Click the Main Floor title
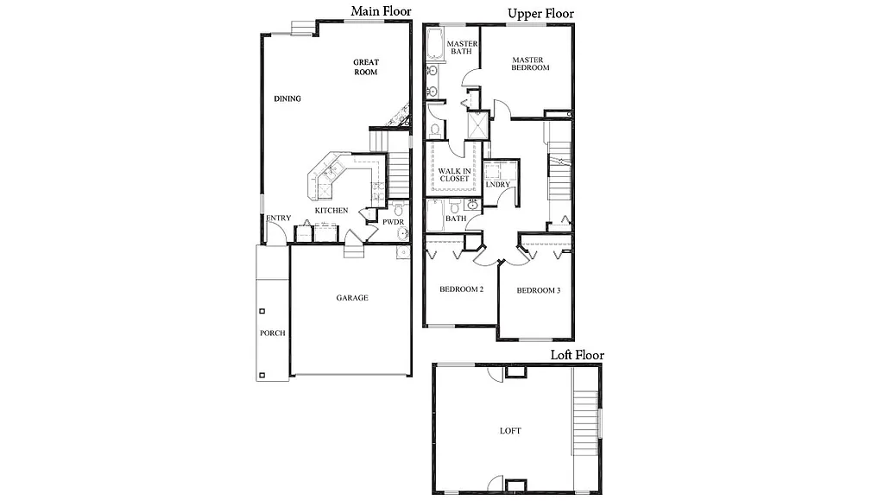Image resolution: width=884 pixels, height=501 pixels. click(x=381, y=11)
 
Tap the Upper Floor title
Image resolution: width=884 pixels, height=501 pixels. click(x=541, y=13)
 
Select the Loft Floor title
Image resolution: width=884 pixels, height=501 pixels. click(x=578, y=355)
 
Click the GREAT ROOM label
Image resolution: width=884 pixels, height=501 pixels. click(x=366, y=67)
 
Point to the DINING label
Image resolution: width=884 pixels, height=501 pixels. click(x=287, y=98)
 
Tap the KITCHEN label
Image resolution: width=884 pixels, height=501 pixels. click(x=331, y=211)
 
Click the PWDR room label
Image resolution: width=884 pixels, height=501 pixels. click(x=381, y=222)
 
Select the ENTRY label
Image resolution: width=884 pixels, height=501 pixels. click(x=278, y=218)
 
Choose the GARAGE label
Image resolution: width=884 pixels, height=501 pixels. click(x=352, y=298)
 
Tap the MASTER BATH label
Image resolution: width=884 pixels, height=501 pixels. click(x=462, y=48)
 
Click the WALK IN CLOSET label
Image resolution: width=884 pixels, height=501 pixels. click(x=454, y=174)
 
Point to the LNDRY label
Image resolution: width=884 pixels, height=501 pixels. click(x=497, y=185)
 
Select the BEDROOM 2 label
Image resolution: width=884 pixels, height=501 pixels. click(x=461, y=289)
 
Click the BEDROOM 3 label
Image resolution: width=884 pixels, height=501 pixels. click(x=538, y=290)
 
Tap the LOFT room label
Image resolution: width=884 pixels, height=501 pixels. click(x=510, y=430)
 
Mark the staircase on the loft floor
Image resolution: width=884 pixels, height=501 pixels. click(x=586, y=422)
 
